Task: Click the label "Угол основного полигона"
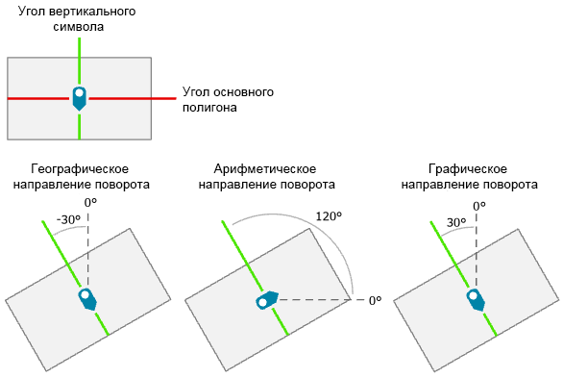coord(229,100)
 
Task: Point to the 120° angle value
coord(329,216)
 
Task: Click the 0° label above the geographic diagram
coord(90,203)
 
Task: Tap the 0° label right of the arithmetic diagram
coord(376,301)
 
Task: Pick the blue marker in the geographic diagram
coord(87,298)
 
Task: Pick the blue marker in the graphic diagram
coord(475,299)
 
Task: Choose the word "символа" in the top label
coord(80,27)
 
